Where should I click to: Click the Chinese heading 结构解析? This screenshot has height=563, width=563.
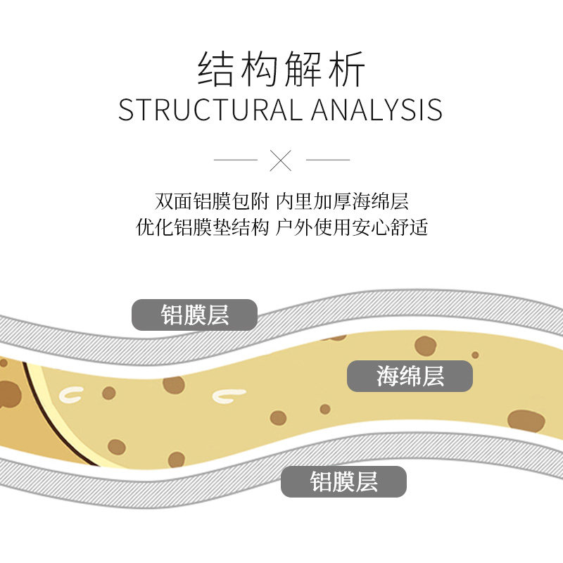click(281, 70)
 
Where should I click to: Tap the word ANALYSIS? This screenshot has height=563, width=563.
click(377, 110)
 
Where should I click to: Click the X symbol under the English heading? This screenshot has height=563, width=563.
click(281, 160)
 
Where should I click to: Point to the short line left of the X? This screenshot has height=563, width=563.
click(236, 160)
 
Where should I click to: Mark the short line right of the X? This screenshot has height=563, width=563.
click(328, 160)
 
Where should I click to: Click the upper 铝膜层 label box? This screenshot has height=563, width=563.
click(195, 315)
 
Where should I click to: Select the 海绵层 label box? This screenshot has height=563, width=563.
click(410, 377)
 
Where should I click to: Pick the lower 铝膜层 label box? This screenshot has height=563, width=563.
click(343, 482)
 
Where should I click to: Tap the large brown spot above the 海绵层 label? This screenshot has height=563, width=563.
click(425, 345)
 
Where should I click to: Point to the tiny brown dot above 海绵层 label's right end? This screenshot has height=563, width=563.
click(475, 355)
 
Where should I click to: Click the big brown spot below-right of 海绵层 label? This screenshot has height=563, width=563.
click(526, 420)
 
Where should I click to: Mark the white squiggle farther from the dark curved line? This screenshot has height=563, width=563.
click(229, 396)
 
